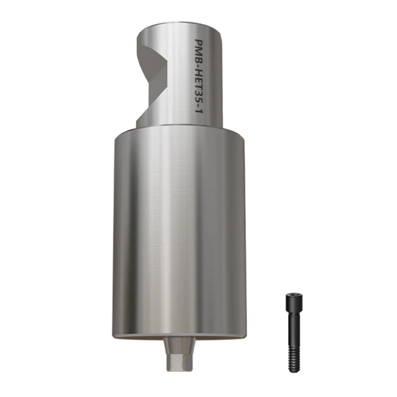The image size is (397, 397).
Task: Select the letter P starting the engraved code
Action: point(199,44)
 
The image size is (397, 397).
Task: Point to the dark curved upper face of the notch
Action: point(148,49)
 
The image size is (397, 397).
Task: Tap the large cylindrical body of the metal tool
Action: point(178,234)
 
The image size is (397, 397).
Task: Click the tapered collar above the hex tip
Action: point(178,348)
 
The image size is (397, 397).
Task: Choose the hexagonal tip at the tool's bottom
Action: point(178,362)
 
